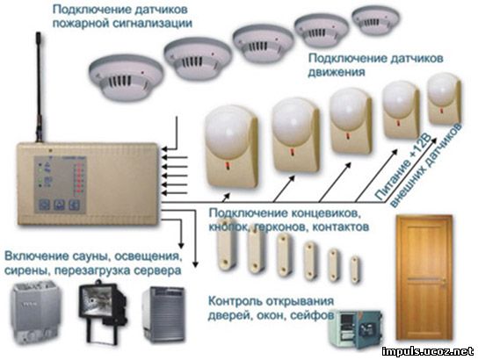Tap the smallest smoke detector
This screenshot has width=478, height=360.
tap(375, 20)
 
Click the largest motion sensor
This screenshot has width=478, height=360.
tap(231, 146)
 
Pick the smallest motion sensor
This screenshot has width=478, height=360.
tap(444, 98)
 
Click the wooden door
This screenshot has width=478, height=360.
tap(424, 277)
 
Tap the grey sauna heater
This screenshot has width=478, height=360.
tap(36, 313)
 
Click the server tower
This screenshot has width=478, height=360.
tap(163, 314)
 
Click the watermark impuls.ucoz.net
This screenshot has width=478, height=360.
tap(428, 351)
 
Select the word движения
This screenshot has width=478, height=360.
tap(337, 72)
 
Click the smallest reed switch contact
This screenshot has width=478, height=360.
tap(354, 270)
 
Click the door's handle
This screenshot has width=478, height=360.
tap(445, 284)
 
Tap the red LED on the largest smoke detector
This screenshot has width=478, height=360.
tap(142, 73)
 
